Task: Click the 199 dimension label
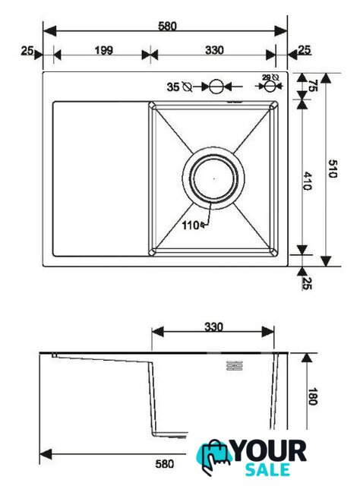click(x=104, y=50)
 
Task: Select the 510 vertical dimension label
click(x=332, y=169)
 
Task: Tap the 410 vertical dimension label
click(x=308, y=181)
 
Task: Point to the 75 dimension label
click(x=313, y=86)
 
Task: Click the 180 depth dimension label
click(x=313, y=396)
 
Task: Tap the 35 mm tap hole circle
click(x=216, y=87)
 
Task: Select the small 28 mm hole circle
click(x=269, y=86)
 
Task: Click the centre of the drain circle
click(x=213, y=178)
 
